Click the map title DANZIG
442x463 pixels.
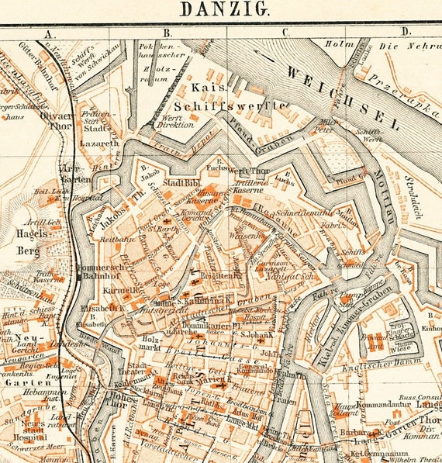point(225,9)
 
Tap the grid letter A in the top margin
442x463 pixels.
point(49,33)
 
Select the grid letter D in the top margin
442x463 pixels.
point(405,32)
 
